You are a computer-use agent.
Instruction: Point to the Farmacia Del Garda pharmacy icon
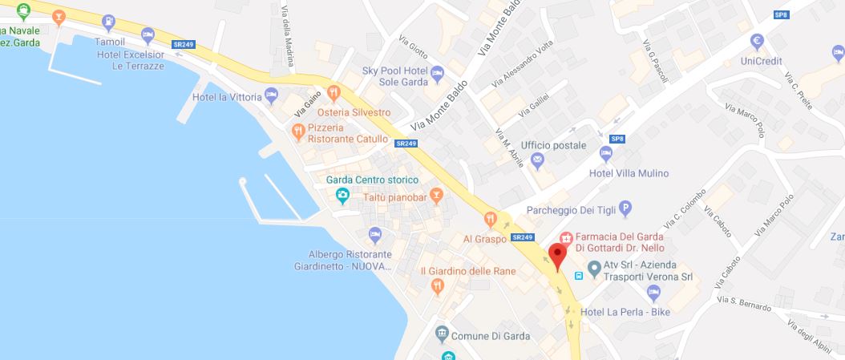[x=565, y=238]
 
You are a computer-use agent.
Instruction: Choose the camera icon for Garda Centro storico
[x=342, y=194]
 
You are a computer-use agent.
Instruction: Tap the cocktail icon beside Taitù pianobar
[x=436, y=194]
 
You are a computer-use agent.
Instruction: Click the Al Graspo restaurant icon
[x=490, y=218]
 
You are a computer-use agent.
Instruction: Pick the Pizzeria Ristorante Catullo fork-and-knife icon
[x=297, y=127]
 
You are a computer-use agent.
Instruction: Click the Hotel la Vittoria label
[x=227, y=97]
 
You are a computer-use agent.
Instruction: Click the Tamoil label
[x=110, y=40]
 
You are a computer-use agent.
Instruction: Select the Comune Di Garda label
[x=491, y=335]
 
